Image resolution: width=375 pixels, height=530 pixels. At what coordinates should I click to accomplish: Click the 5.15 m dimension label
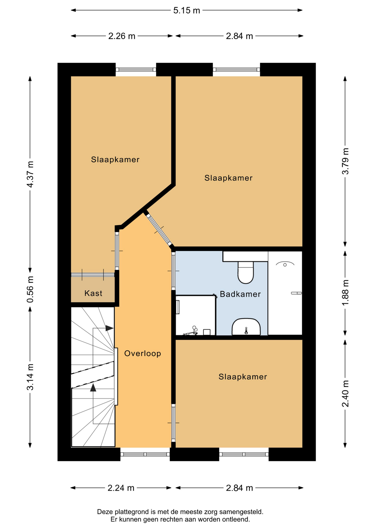186,10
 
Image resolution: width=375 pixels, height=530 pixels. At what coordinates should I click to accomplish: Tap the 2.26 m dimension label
122,36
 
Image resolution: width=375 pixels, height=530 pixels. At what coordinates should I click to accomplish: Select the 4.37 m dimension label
30,174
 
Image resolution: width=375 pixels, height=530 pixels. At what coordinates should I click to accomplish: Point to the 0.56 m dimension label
30,289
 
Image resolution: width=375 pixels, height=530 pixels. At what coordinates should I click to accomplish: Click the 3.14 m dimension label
30,377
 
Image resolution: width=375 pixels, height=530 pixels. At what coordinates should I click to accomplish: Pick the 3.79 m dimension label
345,161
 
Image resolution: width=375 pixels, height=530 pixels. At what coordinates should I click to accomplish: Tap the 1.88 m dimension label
345,292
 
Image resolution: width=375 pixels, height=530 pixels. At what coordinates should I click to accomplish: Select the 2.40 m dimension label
345,394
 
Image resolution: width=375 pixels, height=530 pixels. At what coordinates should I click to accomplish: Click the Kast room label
93,293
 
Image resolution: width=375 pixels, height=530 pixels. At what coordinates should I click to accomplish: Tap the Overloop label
142,353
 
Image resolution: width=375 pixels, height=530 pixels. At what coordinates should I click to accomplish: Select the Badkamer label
240,294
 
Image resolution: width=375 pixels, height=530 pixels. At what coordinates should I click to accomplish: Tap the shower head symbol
285,264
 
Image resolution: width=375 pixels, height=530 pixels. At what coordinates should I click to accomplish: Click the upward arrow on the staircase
93,388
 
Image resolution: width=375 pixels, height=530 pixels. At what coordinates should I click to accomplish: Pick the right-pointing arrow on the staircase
109,328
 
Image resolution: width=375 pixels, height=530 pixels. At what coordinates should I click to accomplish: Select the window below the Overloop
145,454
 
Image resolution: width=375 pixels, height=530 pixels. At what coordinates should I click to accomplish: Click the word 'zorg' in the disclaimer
210,512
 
